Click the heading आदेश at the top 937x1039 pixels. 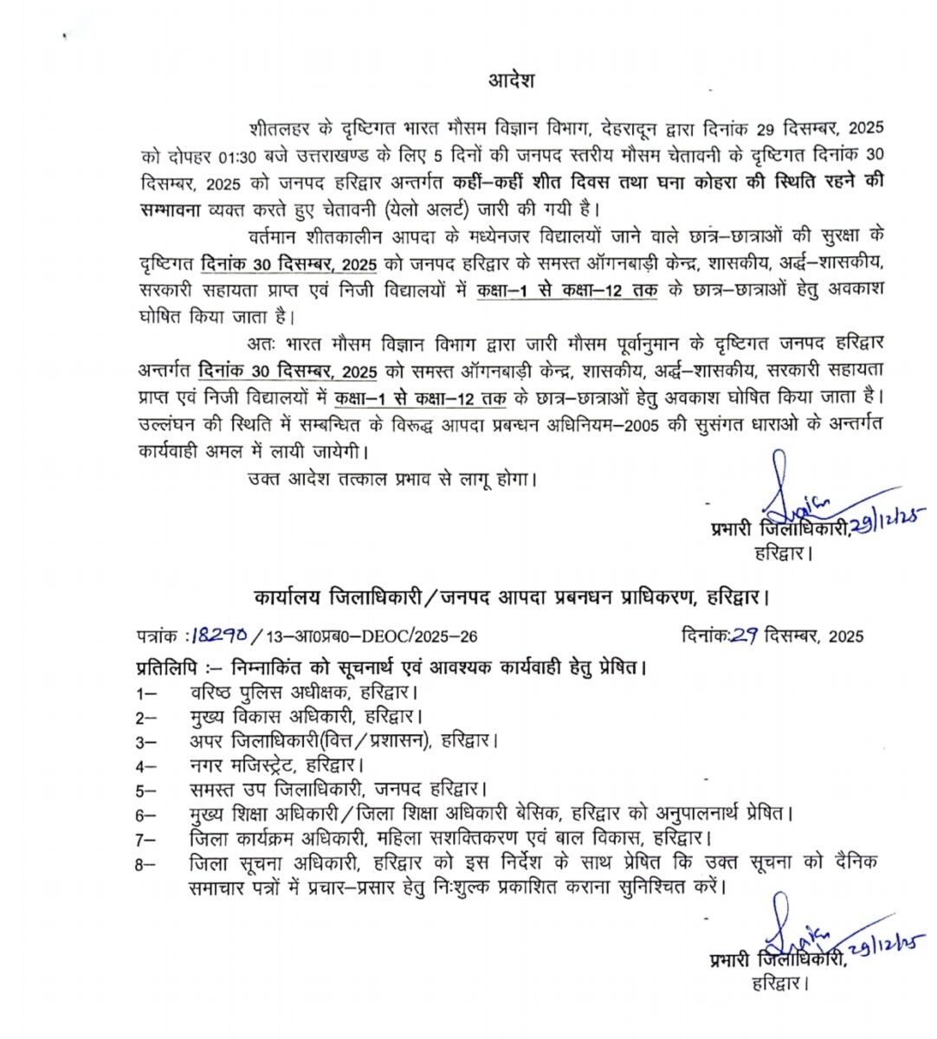point(510,81)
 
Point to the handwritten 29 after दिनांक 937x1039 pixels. point(744,636)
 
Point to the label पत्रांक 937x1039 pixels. point(158,636)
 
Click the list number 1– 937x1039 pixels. point(145,693)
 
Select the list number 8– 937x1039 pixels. point(145,863)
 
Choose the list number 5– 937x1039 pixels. point(145,790)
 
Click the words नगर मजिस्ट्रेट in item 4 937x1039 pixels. point(243,765)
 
